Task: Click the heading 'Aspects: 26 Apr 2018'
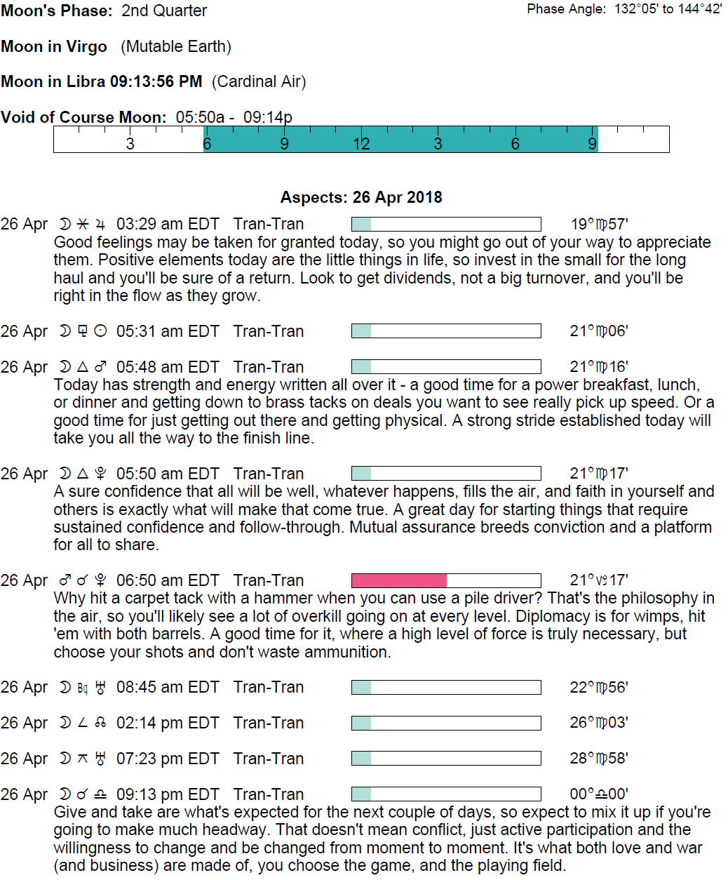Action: (x=361, y=197)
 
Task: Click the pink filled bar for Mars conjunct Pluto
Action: (x=398, y=580)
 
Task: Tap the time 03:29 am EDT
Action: (x=168, y=225)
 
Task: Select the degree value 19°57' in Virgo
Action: (x=599, y=225)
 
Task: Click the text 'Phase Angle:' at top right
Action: (x=567, y=9)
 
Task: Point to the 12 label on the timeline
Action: (x=361, y=144)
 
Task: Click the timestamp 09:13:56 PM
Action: (x=156, y=81)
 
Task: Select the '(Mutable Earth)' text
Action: (x=176, y=46)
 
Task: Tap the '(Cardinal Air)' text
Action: (x=259, y=81)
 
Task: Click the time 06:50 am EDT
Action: (x=168, y=580)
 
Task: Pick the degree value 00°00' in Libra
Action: (x=599, y=794)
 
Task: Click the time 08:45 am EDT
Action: (x=168, y=687)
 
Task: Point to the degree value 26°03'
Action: (x=599, y=723)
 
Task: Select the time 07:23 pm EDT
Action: (x=168, y=759)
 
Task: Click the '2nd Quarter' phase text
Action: (x=164, y=11)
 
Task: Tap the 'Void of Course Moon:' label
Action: (x=83, y=117)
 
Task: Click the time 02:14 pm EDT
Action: (x=168, y=723)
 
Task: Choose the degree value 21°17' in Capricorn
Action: (x=599, y=580)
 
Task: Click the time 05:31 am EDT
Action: (x=168, y=331)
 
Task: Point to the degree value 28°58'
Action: (x=599, y=759)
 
